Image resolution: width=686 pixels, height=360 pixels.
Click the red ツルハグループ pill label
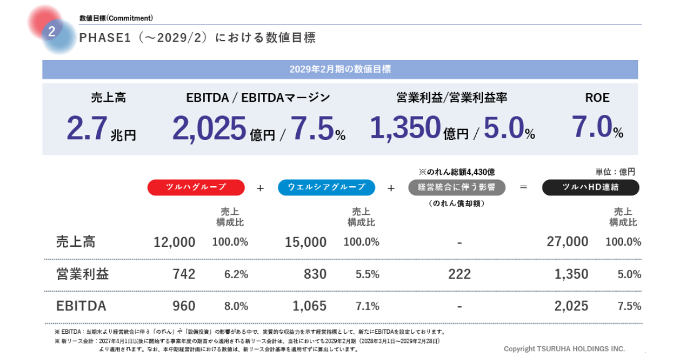coord(196,187)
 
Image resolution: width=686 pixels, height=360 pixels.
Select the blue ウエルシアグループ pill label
coord(326,187)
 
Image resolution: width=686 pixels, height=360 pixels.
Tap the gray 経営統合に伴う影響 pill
coord(457,187)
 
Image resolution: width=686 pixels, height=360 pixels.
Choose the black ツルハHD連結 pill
coord(591,187)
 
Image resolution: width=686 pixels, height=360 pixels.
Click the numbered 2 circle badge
coord(51,32)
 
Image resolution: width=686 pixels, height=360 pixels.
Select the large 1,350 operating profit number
coord(405,128)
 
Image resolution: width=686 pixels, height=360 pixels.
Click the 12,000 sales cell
coord(174,242)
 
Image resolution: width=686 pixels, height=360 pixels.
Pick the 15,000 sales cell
coord(306,242)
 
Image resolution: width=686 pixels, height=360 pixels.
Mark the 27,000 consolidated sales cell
coord(567,242)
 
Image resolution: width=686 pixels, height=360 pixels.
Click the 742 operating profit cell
coord(184,274)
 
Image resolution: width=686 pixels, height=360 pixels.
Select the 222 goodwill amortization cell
coord(460,274)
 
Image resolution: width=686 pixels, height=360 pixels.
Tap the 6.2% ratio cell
coord(236,274)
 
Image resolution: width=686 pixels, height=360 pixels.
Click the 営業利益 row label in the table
coord(82,274)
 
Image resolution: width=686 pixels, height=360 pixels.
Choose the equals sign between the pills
coord(523,187)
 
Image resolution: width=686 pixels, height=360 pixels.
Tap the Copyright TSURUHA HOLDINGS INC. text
coord(564,349)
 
